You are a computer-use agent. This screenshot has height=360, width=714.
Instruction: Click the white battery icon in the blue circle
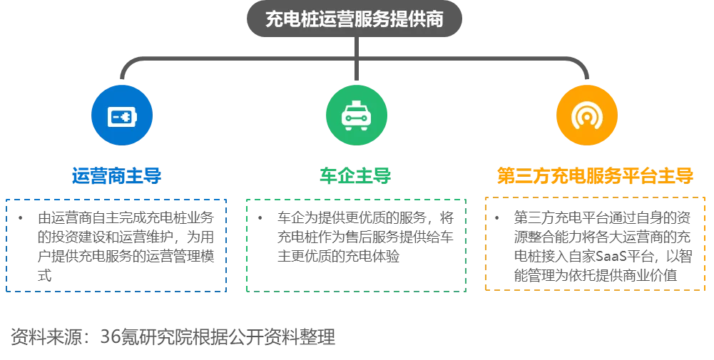(122, 115)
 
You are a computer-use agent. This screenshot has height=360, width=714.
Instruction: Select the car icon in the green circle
(356, 115)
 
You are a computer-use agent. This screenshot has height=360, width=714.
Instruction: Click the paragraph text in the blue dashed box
(121, 246)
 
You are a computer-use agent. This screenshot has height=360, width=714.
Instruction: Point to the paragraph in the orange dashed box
(601, 246)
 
